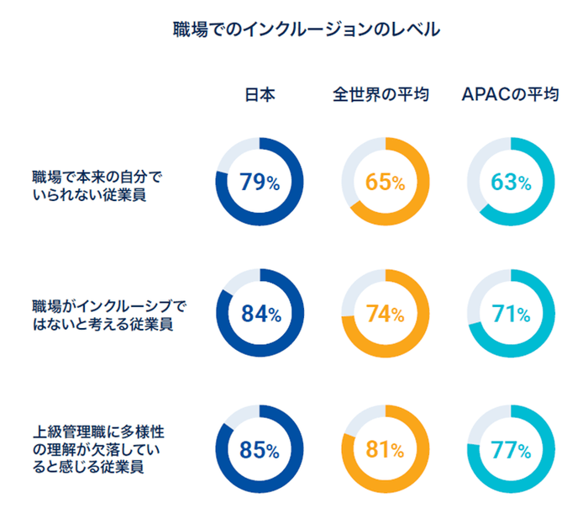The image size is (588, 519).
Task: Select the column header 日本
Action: coord(260,94)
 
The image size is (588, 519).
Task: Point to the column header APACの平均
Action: coord(510,94)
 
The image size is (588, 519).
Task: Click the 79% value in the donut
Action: coord(260,182)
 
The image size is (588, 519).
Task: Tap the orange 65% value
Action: coord(385,182)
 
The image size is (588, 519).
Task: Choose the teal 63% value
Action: coord(510,182)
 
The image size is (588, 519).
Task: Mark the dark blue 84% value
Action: coord(260,315)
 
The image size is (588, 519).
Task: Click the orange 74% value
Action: coord(385,315)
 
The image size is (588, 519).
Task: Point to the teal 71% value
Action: coord(510,315)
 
